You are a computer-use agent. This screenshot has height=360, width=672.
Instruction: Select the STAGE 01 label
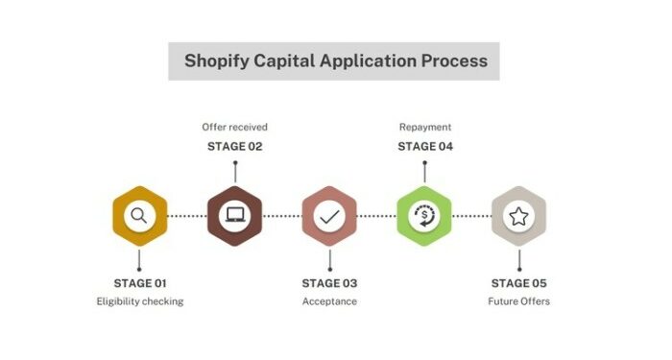pos(140,283)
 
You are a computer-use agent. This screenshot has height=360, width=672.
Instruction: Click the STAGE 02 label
pos(234,147)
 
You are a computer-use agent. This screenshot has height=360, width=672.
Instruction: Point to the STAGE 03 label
pos(329,283)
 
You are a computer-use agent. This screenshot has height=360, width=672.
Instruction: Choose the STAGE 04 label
pos(425,147)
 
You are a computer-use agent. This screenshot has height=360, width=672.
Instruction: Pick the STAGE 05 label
pos(518,283)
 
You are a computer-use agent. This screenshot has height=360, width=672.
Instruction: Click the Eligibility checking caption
pos(140,301)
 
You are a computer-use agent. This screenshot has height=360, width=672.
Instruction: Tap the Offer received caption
pos(234,127)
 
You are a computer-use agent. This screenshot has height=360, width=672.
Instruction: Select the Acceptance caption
pos(329,301)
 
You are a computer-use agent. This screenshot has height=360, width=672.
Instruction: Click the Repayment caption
pos(425,127)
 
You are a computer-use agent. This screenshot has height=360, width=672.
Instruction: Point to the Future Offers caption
pos(518,301)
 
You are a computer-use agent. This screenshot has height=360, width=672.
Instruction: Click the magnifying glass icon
pos(139,216)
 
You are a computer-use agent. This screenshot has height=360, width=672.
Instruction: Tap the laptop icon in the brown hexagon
pos(234,216)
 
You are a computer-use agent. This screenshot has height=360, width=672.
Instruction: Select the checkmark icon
pos(329,216)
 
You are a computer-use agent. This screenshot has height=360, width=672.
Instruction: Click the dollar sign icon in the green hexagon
pos(423,216)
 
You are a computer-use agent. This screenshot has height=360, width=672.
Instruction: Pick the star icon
pos(518,216)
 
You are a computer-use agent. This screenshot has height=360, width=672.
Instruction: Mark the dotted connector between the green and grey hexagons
pos(471,216)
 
